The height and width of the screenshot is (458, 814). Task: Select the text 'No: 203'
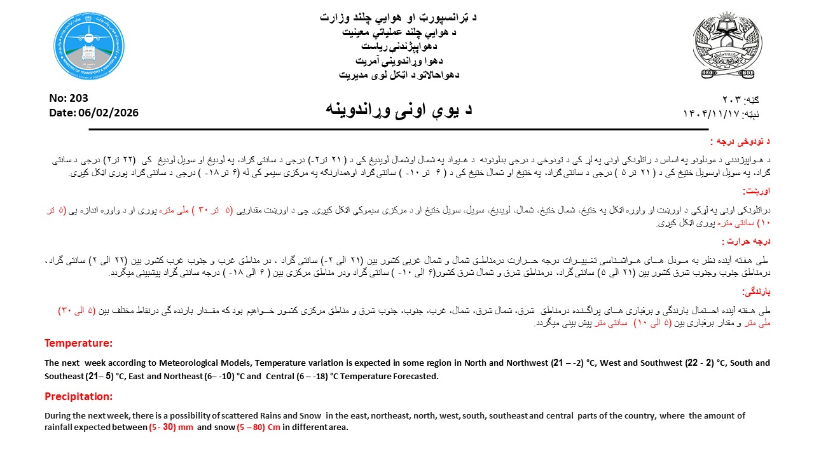(69, 98)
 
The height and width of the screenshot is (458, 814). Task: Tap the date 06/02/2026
(112, 113)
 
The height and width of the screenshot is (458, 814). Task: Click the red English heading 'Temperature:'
(78, 343)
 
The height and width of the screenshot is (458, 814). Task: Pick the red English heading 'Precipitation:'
(78, 396)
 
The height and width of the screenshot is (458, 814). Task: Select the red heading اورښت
(757, 190)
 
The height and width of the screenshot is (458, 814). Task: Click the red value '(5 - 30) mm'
(171, 427)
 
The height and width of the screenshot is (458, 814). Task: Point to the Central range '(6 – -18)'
(313, 376)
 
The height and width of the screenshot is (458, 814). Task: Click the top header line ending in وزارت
(399, 17)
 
